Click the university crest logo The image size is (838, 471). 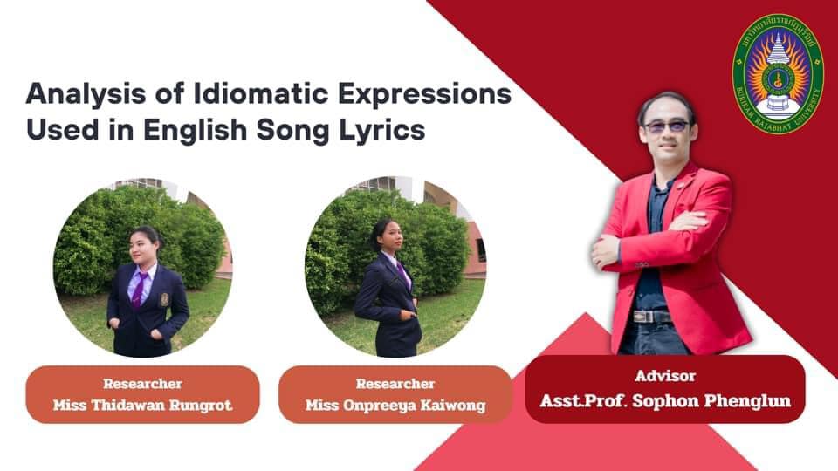pos(778,74)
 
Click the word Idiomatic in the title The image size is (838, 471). pos(261,94)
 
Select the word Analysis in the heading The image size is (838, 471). pos(86,95)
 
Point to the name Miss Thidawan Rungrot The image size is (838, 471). pos(142,405)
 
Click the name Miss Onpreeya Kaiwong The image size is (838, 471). pos(395,406)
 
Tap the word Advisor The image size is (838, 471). pos(665,375)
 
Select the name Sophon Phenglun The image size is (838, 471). pos(711,400)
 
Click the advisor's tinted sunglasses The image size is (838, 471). pos(668,126)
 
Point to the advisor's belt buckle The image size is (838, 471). pos(644,316)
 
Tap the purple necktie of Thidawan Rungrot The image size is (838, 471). pos(140,290)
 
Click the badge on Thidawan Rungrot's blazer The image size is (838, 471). pos(165,299)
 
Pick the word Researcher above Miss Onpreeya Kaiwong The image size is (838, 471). pos(395,384)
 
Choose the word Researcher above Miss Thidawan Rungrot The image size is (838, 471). pos(142,384)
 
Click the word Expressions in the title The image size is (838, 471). pos(425,95)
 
